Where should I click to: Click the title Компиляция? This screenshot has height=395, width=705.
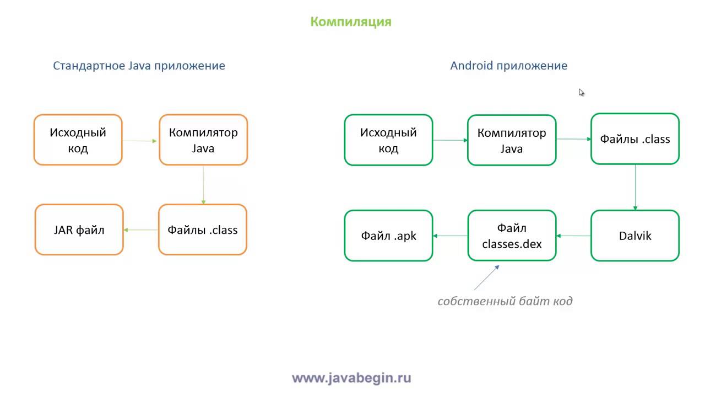pos(351,22)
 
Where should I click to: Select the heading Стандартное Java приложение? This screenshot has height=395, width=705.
pos(139,66)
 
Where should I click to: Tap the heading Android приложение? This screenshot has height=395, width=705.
pos(508,66)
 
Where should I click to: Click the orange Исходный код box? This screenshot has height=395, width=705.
pos(78,140)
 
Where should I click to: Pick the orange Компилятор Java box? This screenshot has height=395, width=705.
pos(203,140)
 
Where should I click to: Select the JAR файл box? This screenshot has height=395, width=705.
pos(79,229)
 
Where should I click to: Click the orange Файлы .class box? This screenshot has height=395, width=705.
pos(203,229)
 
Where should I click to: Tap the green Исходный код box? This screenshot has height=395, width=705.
pos(388,140)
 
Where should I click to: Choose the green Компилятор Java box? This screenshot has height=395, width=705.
pos(512,140)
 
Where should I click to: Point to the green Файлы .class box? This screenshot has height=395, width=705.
pos(635,139)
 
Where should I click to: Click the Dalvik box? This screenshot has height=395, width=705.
pos(635,236)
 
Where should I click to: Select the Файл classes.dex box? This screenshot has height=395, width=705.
pos(512,236)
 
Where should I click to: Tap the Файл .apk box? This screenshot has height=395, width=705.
pos(388,236)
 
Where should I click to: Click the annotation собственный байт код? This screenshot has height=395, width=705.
pos(505,301)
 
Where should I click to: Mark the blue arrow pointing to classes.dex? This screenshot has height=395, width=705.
pos(486,277)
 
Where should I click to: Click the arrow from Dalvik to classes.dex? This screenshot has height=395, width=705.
pos(573,236)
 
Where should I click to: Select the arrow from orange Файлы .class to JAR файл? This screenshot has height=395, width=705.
pos(141,230)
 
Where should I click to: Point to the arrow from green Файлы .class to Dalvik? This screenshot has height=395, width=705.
pos(635,187)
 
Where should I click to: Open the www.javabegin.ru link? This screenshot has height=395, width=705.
pos(351,378)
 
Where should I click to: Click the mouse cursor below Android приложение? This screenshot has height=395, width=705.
pos(581,92)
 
